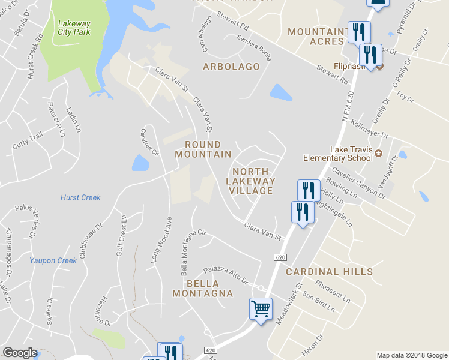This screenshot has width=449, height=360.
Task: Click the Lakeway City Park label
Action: [74, 28]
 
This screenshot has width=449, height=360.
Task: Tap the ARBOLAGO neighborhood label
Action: [231, 67]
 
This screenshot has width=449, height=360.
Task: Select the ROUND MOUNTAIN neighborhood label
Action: [203, 149]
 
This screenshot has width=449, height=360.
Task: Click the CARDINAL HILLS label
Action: [329, 272]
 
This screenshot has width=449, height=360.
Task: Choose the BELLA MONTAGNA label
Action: [202, 288]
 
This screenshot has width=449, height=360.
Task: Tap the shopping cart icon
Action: [261, 309]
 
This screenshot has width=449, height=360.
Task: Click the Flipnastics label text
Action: [349, 66]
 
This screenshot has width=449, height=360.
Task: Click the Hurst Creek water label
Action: [80, 197]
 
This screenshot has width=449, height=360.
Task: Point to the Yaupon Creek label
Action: [53, 260]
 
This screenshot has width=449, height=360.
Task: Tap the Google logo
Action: [20, 353]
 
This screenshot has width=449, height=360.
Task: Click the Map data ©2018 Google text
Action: [412, 355]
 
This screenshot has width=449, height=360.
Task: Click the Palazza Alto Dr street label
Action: [225, 275]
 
